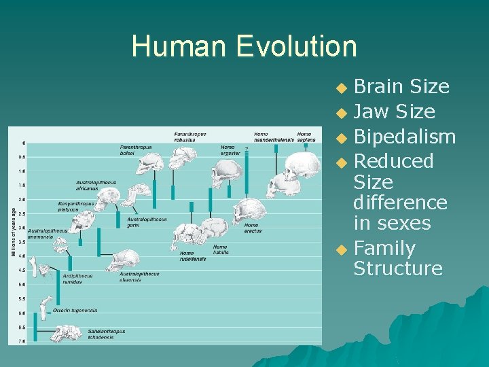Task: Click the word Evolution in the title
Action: click(x=296, y=46)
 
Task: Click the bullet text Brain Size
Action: click(x=401, y=87)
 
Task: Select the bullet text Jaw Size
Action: click(x=395, y=111)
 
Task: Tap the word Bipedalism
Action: click(x=405, y=137)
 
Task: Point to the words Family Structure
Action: click(x=398, y=258)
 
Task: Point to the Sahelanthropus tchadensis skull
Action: click(x=67, y=334)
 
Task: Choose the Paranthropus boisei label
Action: click(x=136, y=150)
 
